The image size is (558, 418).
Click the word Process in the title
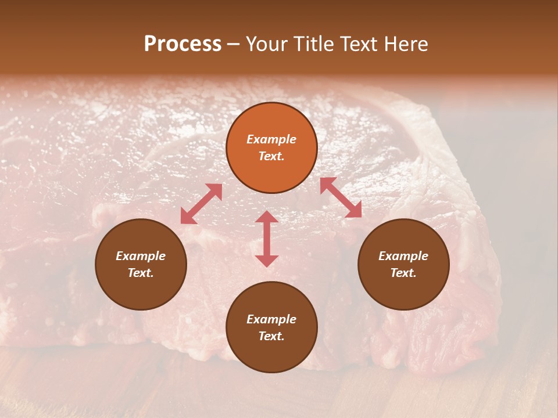[x=183, y=44]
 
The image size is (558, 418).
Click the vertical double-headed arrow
[x=267, y=239]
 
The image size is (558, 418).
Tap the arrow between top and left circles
[x=201, y=204]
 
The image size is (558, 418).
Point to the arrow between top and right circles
[x=341, y=197]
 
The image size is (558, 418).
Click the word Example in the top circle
[x=271, y=139]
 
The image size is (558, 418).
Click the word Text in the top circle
[x=271, y=156]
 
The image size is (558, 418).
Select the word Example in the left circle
[x=141, y=256]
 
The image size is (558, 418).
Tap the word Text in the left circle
[x=141, y=273]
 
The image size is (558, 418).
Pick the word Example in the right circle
[x=403, y=256]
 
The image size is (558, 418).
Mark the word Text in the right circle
[x=403, y=273]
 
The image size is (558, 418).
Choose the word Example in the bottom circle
[x=271, y=319]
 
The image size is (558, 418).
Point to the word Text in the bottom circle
[x=271, y=336]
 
